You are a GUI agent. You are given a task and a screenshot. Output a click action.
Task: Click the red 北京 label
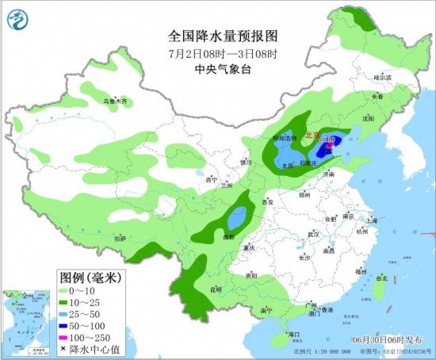point(313,136)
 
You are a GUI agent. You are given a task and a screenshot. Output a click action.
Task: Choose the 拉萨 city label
point(120,237)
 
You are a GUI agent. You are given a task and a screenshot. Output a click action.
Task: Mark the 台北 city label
point(381,279)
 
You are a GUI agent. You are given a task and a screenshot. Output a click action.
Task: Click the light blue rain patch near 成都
point(236,216)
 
